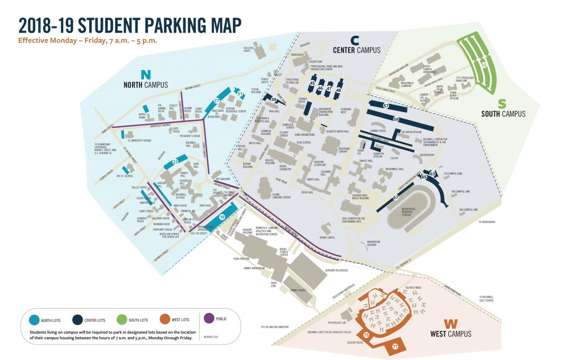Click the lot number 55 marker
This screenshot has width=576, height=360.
click(x=484, y=65)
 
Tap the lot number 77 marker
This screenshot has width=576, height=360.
click(x=395, y=346)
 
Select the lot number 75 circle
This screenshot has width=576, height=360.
click(x=366, y=335)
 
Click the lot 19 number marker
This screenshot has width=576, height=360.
click(x=222, y=217)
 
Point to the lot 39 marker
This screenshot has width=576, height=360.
click(x=274, y=99)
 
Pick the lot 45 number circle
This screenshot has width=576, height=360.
click(x=312, y=83)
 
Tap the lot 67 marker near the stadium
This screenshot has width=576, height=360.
click(x=395, y=197)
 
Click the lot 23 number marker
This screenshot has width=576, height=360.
click(x=175, y=162)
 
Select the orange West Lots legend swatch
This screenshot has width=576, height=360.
click(x=165, y=319)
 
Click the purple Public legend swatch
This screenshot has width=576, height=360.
click(x=209, y=319)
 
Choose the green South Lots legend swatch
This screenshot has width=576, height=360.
click(x=122, y=319)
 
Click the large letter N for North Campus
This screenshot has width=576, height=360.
click(x=146, y=74)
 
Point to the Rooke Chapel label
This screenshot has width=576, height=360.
click(x=327, y=238)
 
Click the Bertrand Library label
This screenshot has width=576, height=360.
click(x=344, y=150)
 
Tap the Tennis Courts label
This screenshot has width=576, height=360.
click(x=298, y=290)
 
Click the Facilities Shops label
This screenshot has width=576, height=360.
click(x=249, y=50)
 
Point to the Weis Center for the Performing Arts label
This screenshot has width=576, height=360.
click(x=353, y=220)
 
